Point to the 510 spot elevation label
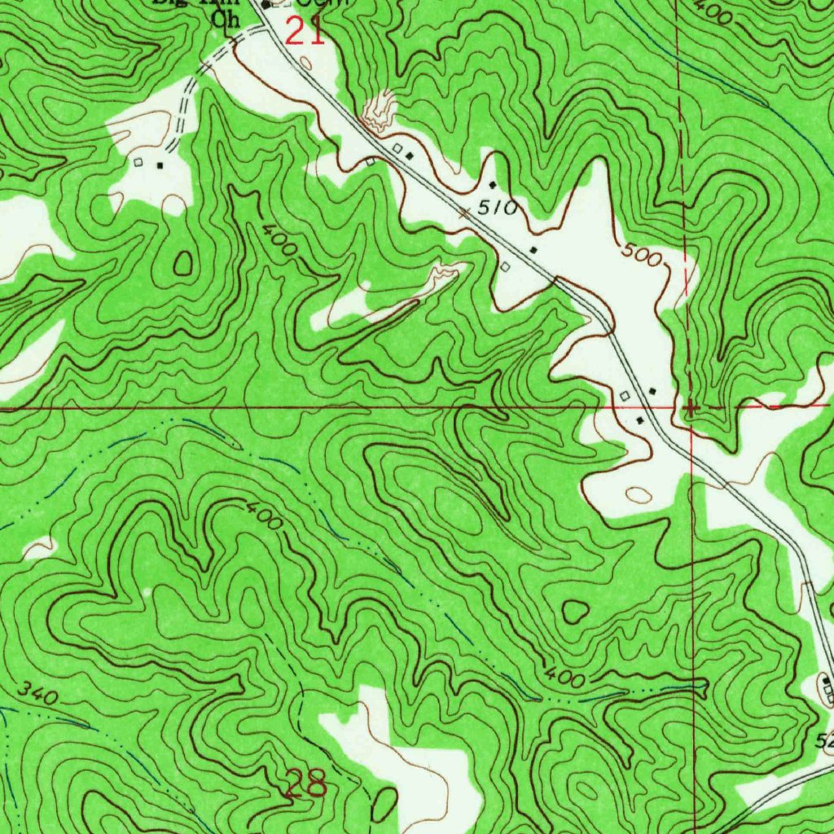(497, 208)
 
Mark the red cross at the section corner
(690, 406)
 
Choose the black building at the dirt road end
(160, 164)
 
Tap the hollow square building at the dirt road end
(138, 163)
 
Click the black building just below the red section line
(639, 420)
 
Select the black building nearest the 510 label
(492, 185)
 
